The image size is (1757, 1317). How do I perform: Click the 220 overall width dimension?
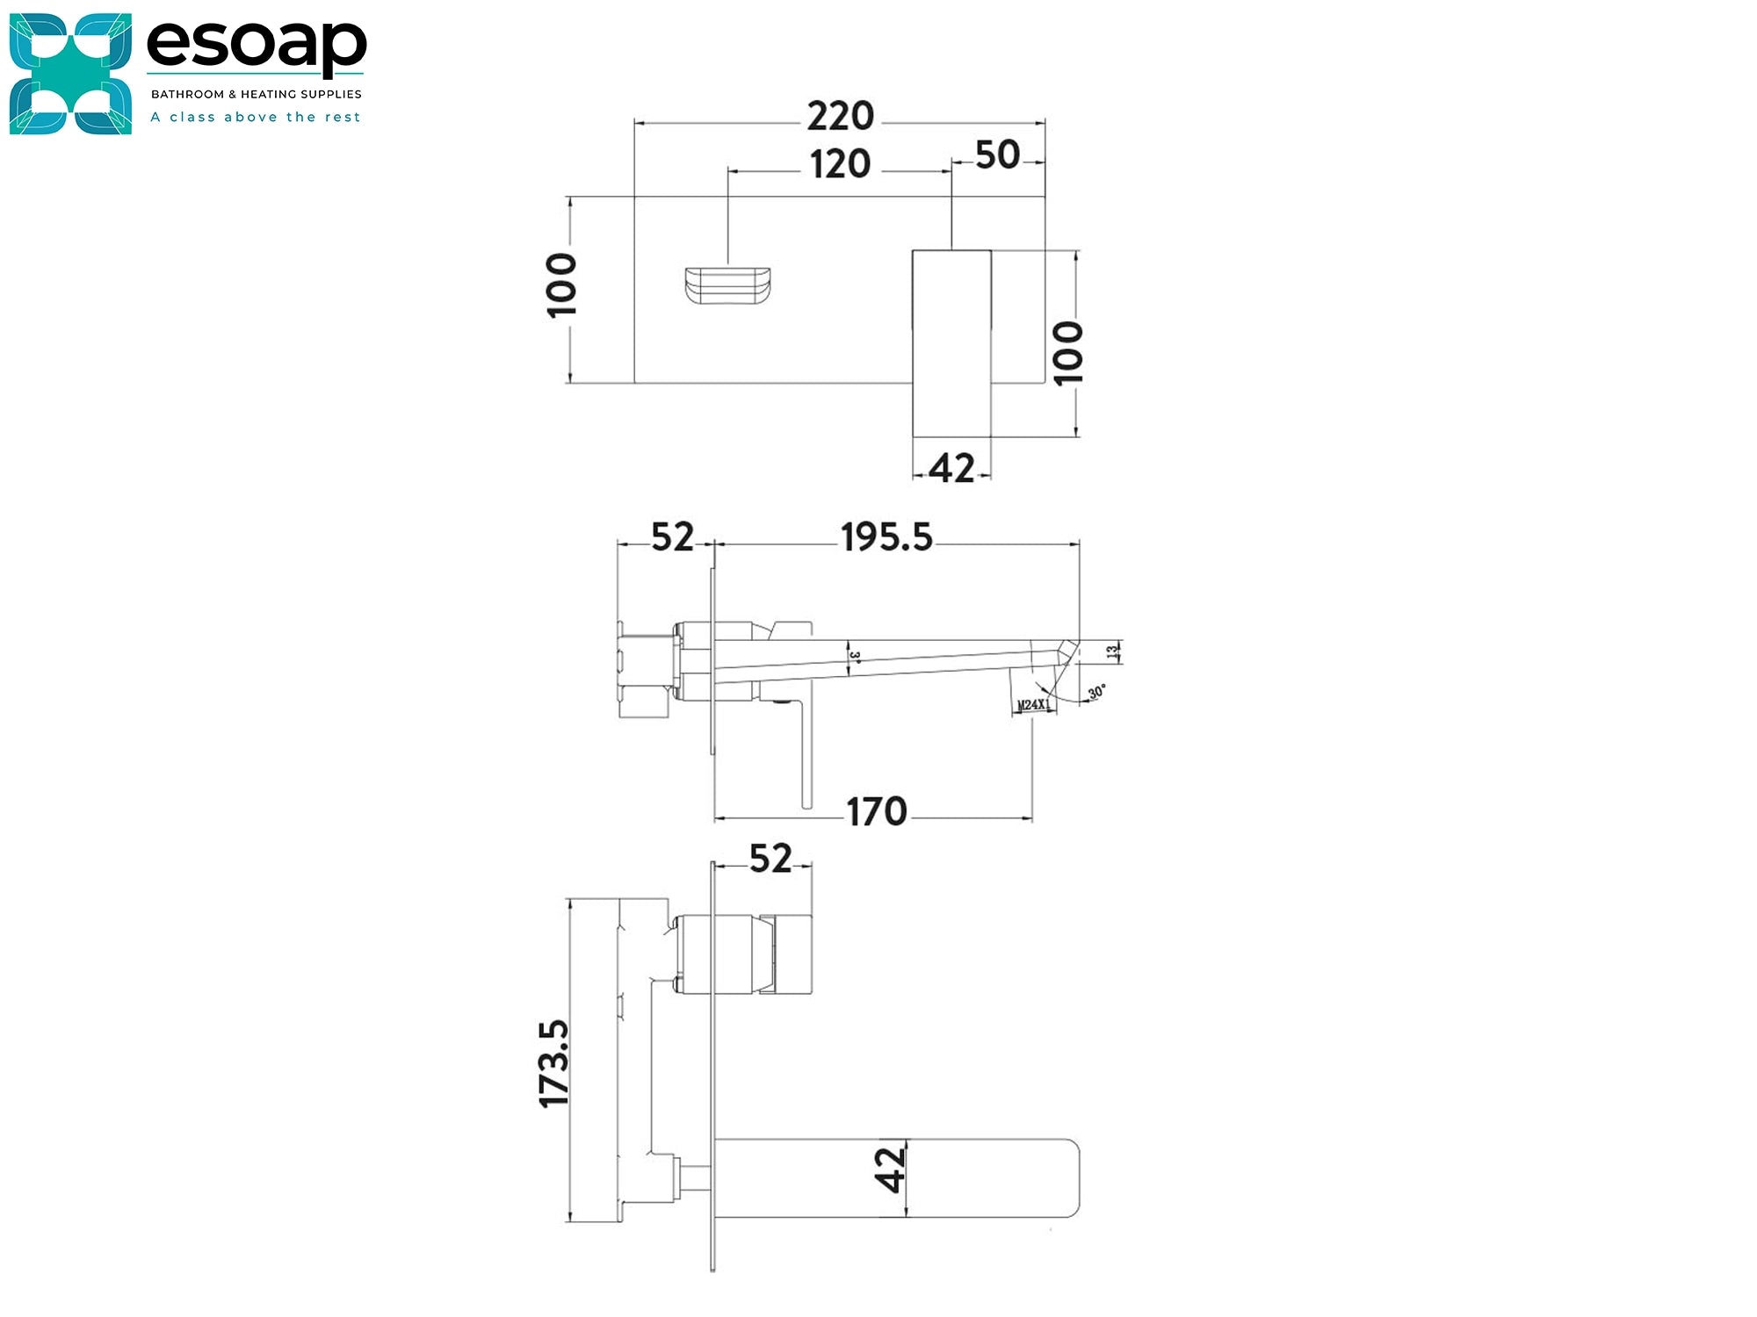pyautogui.click(x=840, y=117)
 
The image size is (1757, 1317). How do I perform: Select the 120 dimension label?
pyautogui.click(x=840, y=165)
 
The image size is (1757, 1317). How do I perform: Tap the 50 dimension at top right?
pyautogui.click(x=997, y=155)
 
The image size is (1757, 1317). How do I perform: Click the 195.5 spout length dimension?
pyautogui.click(x=886, y=537)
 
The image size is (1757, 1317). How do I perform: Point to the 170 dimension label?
pyautogui.click(x=876, y=812)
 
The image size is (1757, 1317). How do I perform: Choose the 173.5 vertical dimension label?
pyautogui.click(x=555, y=1063)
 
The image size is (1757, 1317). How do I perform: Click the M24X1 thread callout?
pyautogui.click(x=1033, y=705)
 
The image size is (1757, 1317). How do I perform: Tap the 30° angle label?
pyautogui.click(x=1096, y=693)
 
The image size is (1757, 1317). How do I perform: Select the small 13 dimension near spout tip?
pyautogui.click(x=1112, y=651)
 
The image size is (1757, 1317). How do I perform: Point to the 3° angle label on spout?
pyautogui.click(x=855, y=656)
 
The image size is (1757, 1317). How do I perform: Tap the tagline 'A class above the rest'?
pyautogui.click(x=256, y=117)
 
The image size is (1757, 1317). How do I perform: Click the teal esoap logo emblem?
pyautogui.click(x=70, y=74)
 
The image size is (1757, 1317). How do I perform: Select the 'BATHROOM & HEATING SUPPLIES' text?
pyautogui.click(x=256, y=94)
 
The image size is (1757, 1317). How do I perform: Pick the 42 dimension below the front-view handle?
pyautogui.click(x=951, y=469)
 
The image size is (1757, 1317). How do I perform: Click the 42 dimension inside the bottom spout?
pyautogui.click(x=890, y=1169)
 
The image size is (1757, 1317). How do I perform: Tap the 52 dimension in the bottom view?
pyautogui.click(x=770, y=859)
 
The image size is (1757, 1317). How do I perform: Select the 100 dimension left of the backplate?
pyautogui.click(x=561, y=285)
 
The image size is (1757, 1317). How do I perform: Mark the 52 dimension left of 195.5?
pyautogui.click(x=672, y=537)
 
